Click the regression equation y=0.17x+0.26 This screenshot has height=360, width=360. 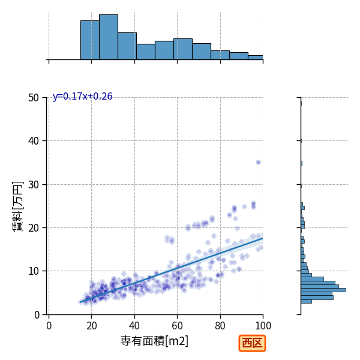point(83,97)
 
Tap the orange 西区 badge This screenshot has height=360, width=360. point(252,343)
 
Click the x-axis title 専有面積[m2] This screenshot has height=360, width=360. point(154,341)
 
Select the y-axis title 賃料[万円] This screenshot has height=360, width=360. point(17,206)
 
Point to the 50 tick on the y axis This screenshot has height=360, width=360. point(34,98)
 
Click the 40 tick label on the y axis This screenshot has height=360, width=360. point(34,141)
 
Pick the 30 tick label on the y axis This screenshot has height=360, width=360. point(34,185)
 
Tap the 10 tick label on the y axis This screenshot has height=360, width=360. point(34,271)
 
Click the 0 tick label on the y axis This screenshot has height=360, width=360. point(37,315)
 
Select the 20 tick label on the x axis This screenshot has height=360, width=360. point(92,326)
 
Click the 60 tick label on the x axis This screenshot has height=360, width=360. point(177,326)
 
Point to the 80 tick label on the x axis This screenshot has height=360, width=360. point(220,326)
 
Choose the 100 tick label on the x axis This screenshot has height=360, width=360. point(263,326)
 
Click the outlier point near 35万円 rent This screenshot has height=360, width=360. point(258,163)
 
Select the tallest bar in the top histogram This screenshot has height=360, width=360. point(109,37)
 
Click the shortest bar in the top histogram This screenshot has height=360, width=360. point(256,58)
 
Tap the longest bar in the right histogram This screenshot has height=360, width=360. point(323,290)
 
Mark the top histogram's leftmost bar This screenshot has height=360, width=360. point(90,40)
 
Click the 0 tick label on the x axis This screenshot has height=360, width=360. point(49,326)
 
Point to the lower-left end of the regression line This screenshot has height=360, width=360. point(80,302)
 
